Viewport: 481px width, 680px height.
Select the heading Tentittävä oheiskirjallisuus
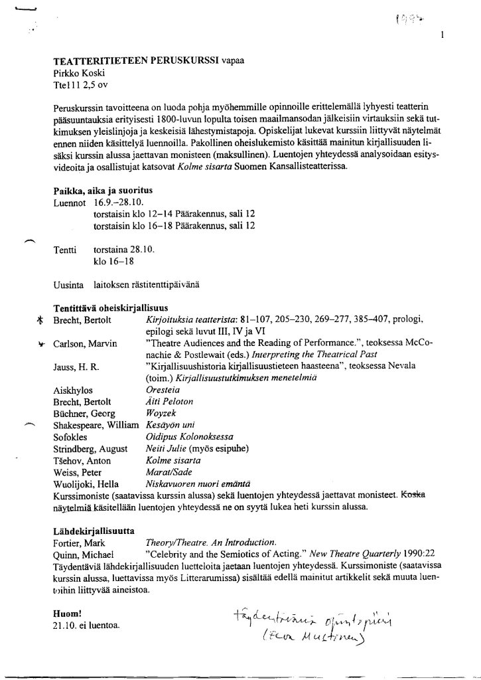(x=111, y=308)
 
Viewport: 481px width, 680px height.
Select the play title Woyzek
(x=161, y=414)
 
